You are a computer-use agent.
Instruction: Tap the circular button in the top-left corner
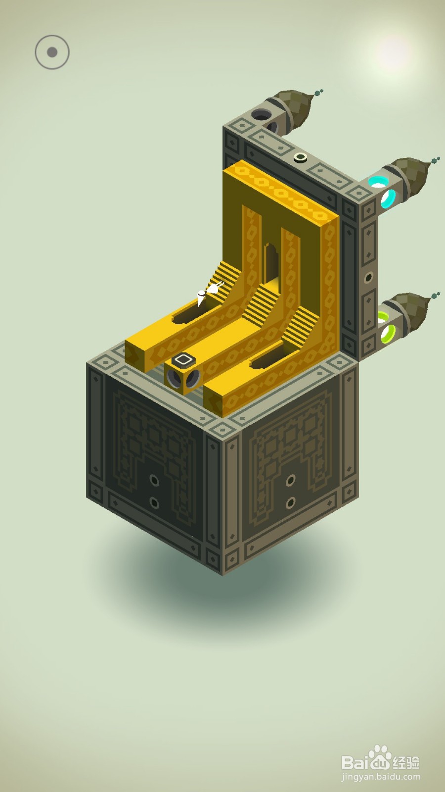pyautogui.click(x=52, y=52)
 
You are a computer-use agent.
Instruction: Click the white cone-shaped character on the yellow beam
pyautogui.click(x=201, y=298)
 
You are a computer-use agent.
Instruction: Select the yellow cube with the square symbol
pyautogui.click(x=183, y=373)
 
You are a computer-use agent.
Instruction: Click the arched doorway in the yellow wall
pyautogui.click(x=271, y=262)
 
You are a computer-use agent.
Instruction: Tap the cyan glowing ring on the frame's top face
pyautogui.click(x=378, y=182)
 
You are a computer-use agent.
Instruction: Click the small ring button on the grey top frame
pyautogui.click(x=300, y=157)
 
